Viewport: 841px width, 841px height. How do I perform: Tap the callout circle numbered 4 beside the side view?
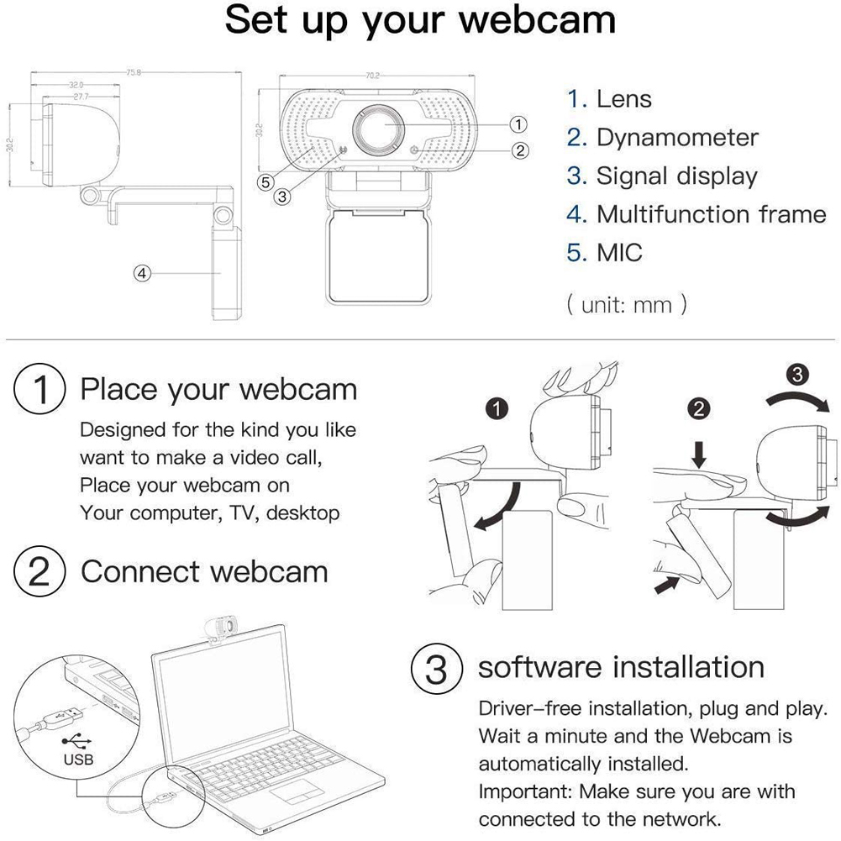143,273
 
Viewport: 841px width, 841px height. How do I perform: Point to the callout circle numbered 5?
265,181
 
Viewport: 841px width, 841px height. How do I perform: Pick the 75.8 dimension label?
133,73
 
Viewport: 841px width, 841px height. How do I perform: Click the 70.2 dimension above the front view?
371,76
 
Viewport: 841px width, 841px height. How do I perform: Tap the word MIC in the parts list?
619,252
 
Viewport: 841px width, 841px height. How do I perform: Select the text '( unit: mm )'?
627,303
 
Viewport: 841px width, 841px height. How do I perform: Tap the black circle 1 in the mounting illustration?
497,409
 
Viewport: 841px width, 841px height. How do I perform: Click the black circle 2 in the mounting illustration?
699,409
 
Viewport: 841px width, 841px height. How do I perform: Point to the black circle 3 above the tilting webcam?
799,373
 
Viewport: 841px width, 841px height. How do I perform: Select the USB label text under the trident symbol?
78,760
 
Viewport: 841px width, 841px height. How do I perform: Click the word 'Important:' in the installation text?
524,791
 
